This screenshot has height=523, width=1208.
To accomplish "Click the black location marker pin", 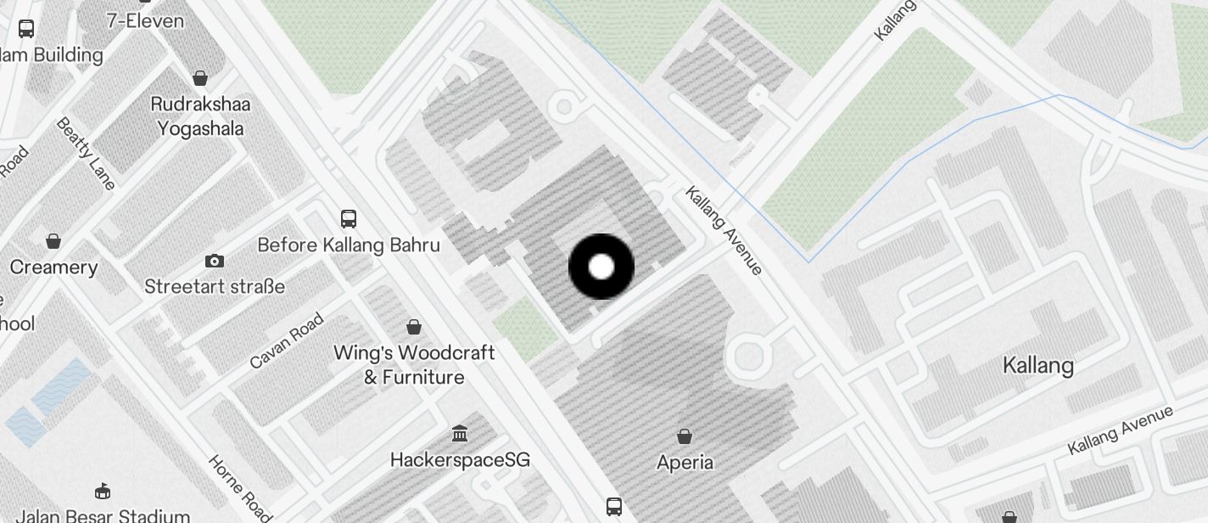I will tap(601, 267).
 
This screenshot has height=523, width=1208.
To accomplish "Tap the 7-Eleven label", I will tap(145, 21).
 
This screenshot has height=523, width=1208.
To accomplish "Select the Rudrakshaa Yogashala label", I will tap(197, 116).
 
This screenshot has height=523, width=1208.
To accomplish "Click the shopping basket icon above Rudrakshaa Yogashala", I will tap(200, 79).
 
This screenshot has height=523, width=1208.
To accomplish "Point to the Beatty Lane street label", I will tap(85, 153).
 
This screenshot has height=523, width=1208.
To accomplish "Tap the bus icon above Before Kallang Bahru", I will tap(349, 219).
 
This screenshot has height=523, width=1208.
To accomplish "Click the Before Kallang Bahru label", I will tap(349, 245).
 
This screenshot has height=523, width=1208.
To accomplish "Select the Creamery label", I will tap(53, 267).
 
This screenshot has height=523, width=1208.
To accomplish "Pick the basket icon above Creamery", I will tap(53, 241).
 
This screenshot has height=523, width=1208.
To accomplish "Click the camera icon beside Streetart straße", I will tap(215, 261).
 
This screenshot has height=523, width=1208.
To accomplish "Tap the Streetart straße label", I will tap(215, 287).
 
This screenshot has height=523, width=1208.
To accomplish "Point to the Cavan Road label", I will tap(287, 341).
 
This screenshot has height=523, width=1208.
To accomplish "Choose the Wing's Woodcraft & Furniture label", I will tap(414, 364).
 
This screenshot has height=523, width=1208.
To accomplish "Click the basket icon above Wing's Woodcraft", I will tap(414, 327).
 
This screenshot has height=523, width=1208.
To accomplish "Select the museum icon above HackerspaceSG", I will tap(460, 434).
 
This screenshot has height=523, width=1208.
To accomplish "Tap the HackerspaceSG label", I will tap(460, 460).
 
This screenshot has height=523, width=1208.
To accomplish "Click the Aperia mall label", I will tap(685, 463).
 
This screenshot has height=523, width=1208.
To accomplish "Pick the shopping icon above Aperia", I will tap(685, 436).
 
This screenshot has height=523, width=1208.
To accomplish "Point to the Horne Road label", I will tap(240, 487).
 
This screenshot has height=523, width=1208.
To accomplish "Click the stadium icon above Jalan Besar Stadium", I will tap(103, 491).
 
